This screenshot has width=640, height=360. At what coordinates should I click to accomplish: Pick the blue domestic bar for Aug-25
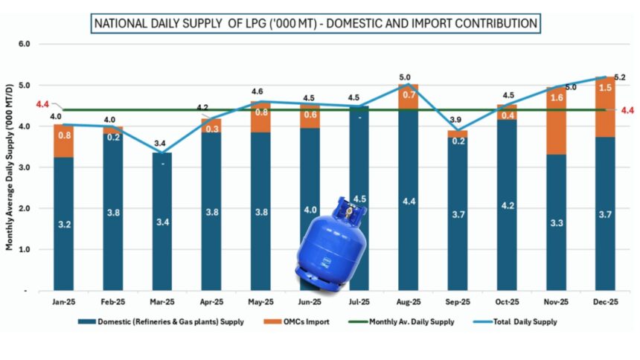[409, 201]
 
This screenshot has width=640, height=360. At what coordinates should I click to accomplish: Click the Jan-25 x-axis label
[64, 302]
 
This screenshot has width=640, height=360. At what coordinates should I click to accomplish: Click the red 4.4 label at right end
[627, 110]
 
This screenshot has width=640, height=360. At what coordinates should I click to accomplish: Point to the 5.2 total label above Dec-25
[619, 77]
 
